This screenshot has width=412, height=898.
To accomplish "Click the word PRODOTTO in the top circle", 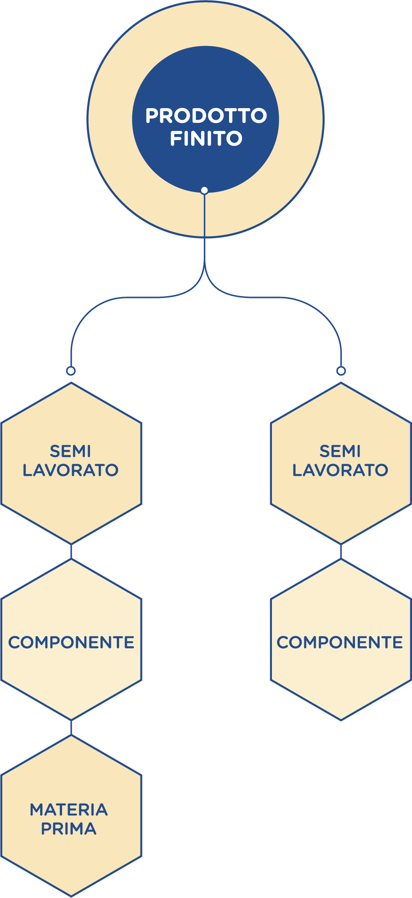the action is pyautogui.click(x=206, y=116).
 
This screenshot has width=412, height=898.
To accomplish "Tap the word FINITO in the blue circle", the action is pyautogui.click(x=206, y=138).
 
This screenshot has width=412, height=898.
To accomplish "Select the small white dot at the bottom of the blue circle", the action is pyautogui.click(x=204, y=190).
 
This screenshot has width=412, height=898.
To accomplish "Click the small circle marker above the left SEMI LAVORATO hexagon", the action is pyautogui.click(x=71, y=371).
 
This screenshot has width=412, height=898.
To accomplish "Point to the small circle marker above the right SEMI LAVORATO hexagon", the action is pyautogui.click(x=341, y=371).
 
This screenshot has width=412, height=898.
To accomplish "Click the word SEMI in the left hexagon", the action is pyautogui.click(x=71, y=451).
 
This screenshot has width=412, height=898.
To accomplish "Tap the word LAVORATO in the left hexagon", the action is pyautogui.click(x=71, y=470).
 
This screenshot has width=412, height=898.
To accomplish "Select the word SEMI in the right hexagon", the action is pyautogui.click(x=340, y=451).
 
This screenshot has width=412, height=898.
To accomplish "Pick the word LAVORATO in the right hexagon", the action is pyautogui.click(x=340, y=470).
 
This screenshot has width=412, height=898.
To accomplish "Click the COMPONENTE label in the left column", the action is pyautogui.click(x=71, y=642).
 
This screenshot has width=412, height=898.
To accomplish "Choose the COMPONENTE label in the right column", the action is pyautogui.click(x=340, y=642).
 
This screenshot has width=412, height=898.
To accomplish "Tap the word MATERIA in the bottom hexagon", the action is pyautogui.click(x=69, y=810).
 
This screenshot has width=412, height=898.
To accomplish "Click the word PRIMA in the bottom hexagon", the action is pyautogui.click(x=69, y=829).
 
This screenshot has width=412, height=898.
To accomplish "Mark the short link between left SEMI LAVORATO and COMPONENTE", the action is pyautogui.click(x=71, y=552).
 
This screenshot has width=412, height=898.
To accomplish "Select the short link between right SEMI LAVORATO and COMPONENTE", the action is pyautogui.click(x=341, y=552).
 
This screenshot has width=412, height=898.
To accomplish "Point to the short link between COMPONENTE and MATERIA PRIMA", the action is pyautogui.click(x=71, y=728).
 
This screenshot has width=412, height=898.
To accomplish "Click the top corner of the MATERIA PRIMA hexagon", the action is pyautogui.click(x=71, y=735).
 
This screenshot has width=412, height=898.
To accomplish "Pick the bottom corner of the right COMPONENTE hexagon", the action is pyautogui.click(x=341, y=720).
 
